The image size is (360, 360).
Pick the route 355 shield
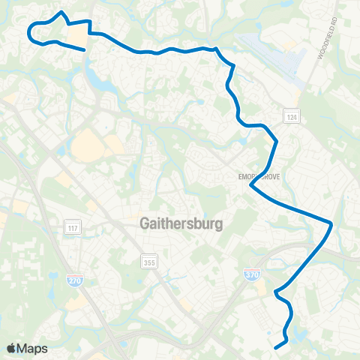click(149, 259)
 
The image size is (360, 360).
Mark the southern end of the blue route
click(275, 347)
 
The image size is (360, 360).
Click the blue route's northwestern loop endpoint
click(84, 50)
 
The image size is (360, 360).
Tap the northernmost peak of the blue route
click(61, 12)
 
